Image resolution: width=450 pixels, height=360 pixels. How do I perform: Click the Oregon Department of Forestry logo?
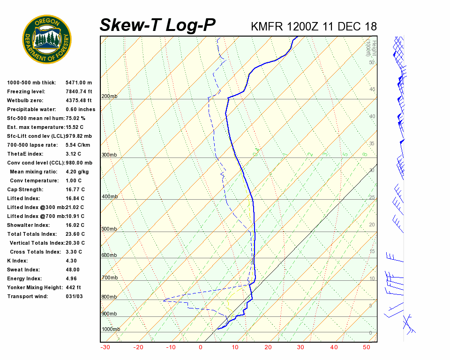point(47,39)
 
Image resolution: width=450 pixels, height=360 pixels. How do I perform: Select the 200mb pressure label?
point(109,97)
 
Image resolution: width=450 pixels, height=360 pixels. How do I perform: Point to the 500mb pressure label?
point(109,229)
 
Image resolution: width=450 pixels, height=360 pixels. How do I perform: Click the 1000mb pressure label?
point(111,329)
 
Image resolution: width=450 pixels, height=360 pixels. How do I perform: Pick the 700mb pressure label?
point(109,278)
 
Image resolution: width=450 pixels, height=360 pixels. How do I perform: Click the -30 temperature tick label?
point(105,347)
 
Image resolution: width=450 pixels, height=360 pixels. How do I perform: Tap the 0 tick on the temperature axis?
point(201,347)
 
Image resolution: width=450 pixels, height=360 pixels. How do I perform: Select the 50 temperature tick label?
point(367,347)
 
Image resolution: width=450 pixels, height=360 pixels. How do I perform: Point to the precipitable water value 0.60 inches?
point(80,109)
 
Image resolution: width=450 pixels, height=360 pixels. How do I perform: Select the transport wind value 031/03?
point(75,296)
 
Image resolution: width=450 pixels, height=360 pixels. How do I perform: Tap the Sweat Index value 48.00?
point(73,270)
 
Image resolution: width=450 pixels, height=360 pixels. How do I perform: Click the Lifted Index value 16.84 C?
point(75,198)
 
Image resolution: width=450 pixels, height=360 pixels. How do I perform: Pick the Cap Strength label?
point(25,189)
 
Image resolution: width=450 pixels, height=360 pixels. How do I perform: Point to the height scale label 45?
point(372,89)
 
